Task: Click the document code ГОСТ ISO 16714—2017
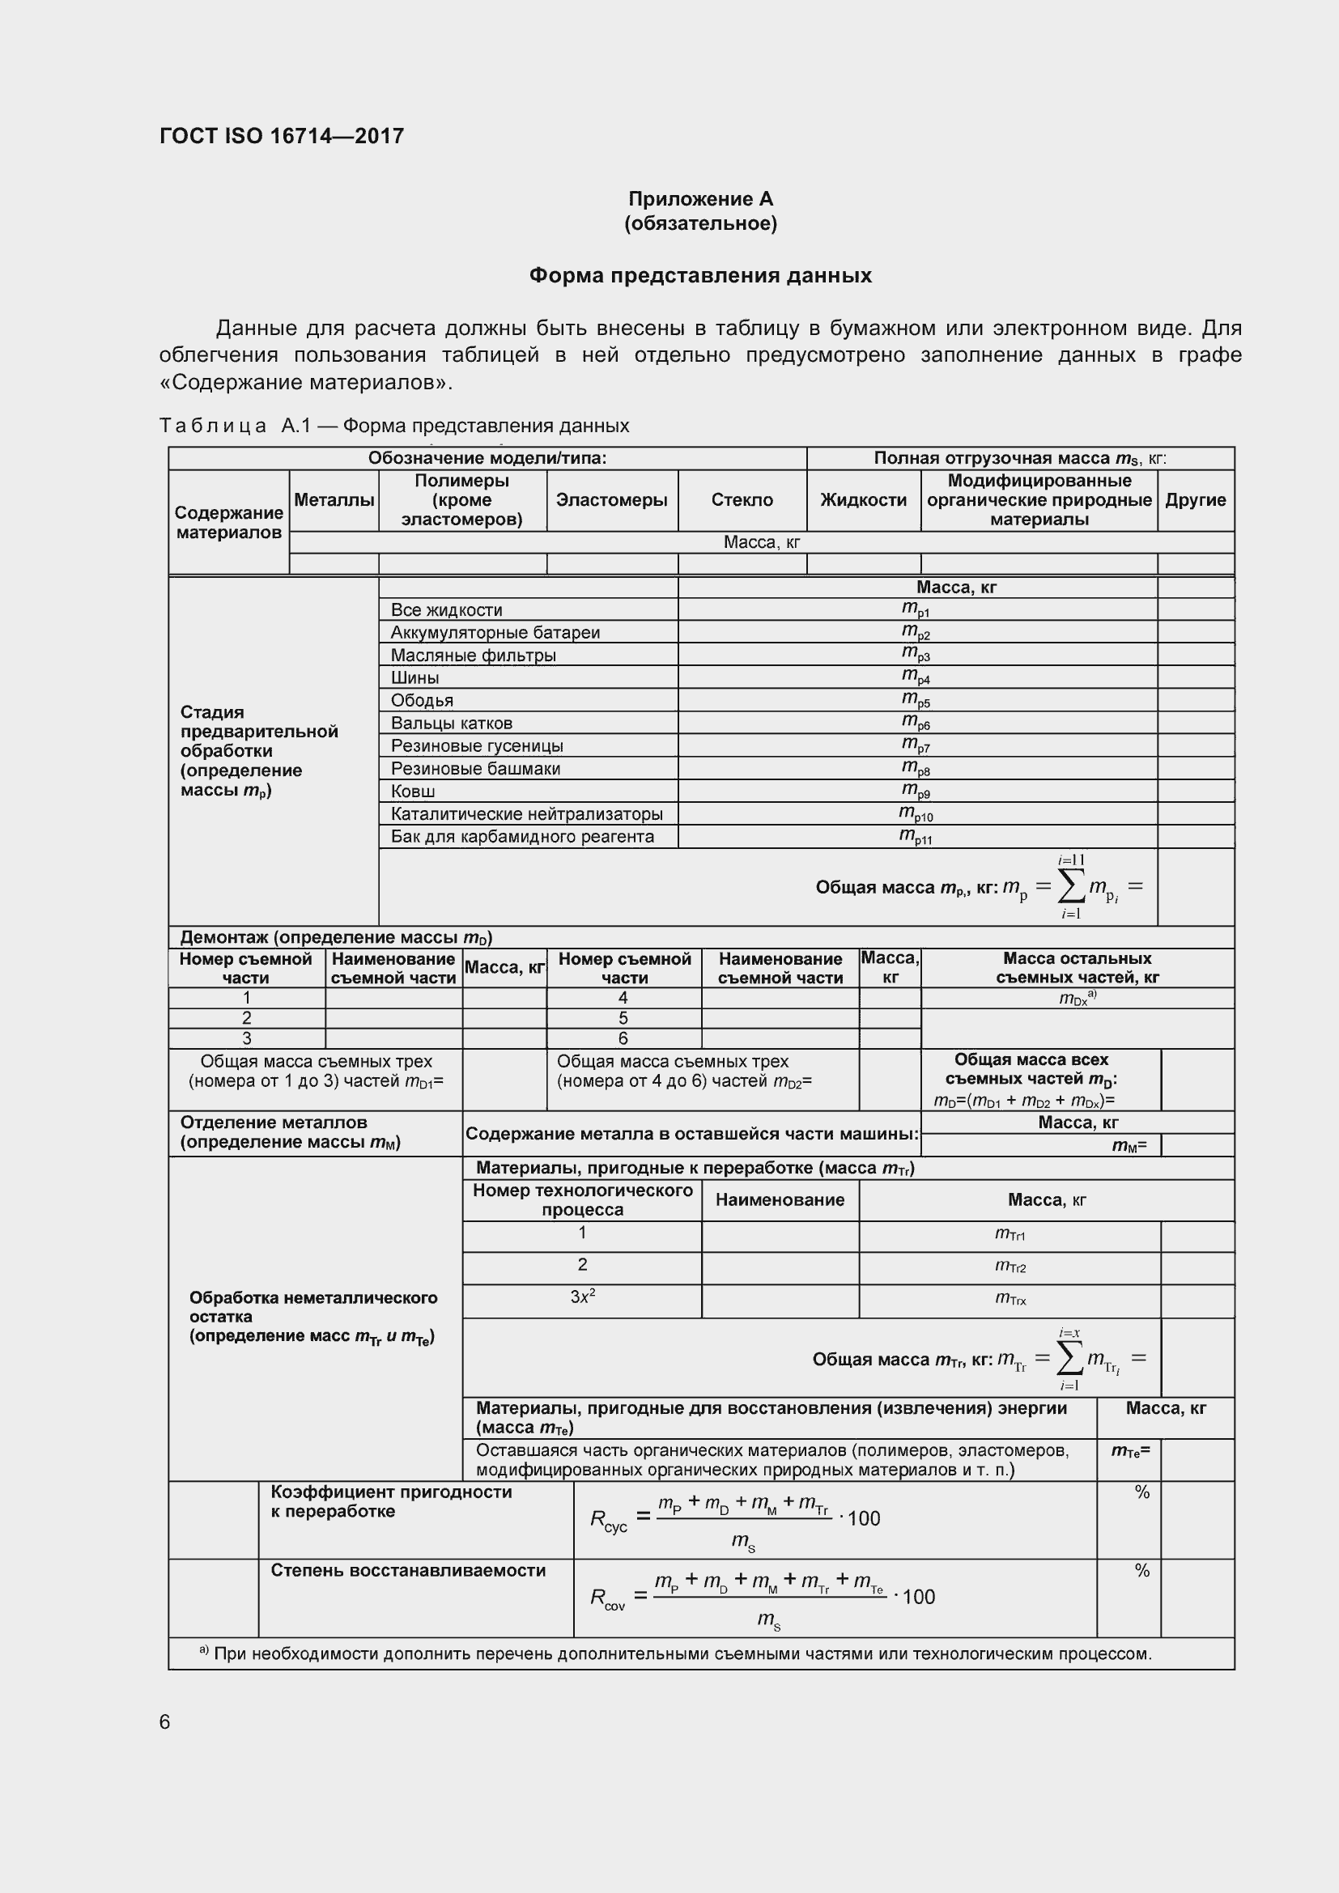click(x=281, y=136)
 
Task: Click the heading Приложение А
click(x=700, y=199)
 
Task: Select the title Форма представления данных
click(x=700, y=275)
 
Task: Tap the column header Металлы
click(x=334, y=500)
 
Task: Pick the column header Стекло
click(x=742, y=500)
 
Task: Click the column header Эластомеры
click(x=611, y=500)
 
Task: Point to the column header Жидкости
click(x=863, y=500)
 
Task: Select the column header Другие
click(x=1195, y=500)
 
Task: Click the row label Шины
click(x=414, y=677)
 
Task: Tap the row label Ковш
click(x=413, y=792)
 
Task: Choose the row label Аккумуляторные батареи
click(x=495, y=632)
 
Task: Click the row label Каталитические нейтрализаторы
click(x=526, y=813)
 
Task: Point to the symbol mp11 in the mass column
click(x=916, y=837)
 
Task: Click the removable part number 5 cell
click(x=623, y=1018)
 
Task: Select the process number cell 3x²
click(x=582, y=1297)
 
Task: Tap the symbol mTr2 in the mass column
click(x=1010, y=1266)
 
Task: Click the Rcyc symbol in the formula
click(x=609, y=1521)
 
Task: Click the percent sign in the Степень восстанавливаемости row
click(x=1142, y=1572)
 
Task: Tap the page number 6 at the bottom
click(x=165, y=1722)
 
